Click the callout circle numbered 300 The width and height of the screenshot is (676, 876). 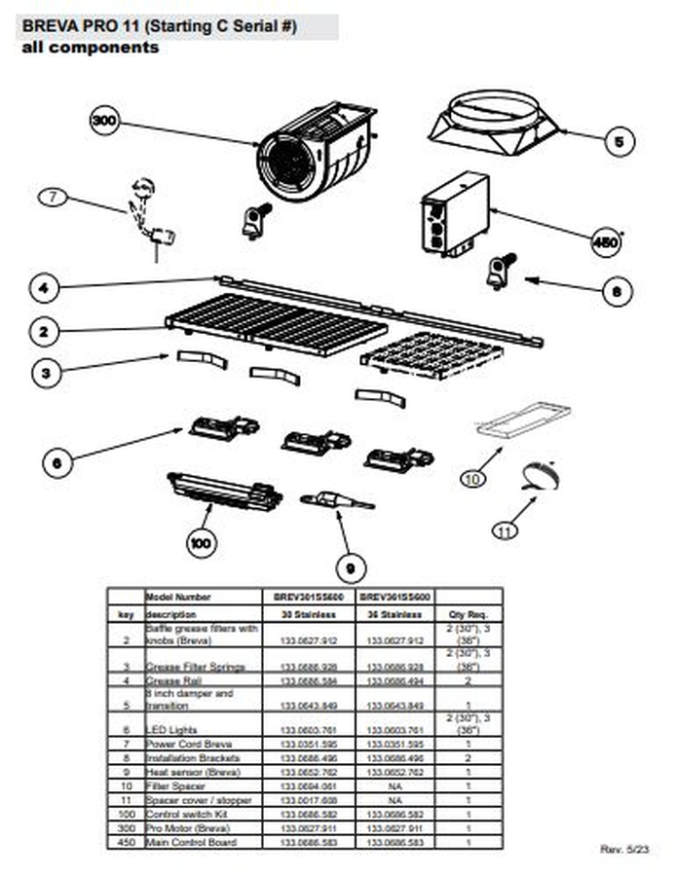[103, 121]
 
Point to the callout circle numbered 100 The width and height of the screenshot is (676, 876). [202, 543]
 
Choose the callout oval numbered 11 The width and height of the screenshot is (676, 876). [505, 531]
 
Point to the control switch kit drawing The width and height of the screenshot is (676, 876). [224, 491]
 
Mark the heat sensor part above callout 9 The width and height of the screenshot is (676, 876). [336, 501]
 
